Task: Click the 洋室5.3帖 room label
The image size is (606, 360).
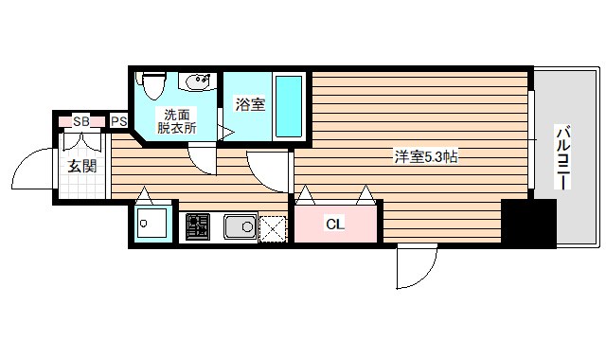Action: (x=426, y=156)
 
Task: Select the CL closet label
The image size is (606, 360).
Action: (x=333, y=225)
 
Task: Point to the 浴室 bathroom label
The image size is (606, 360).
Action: (x=251, y=104)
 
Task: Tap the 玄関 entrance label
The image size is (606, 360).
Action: (x=81, y=167)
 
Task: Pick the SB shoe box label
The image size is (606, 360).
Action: (x=81, y=121)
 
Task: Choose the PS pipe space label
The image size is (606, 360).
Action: (x=119, y=121)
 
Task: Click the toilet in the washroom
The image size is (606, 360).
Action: (x=151, y=87)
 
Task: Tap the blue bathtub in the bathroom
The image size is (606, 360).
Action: (x=289, y=106)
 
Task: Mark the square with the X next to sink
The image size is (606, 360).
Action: (x=273, y=228)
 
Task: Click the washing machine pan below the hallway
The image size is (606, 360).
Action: (x=151, y=225)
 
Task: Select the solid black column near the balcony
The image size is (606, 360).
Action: (x=528, y=224)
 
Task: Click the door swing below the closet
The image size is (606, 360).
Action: (x=412, y=268)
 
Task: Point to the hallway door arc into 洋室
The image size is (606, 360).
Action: (x=267, y=171)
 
